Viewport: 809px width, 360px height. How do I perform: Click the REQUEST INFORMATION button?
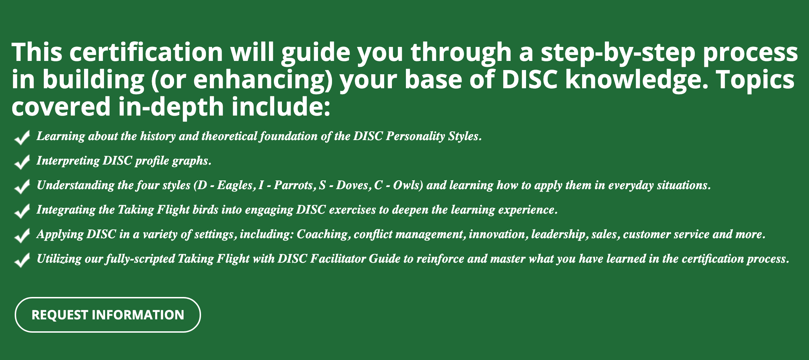click(108, 315)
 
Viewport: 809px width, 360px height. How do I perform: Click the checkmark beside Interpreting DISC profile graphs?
click(22, 162)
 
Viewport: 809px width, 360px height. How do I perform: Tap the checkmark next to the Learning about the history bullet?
click(22, 138)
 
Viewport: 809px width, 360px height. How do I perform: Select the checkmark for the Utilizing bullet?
click(22, 260)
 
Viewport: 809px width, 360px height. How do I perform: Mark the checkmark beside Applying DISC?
click(22, 236)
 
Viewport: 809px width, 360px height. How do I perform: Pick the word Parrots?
click(293, 185)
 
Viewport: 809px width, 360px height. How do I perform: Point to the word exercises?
click(353, 209)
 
